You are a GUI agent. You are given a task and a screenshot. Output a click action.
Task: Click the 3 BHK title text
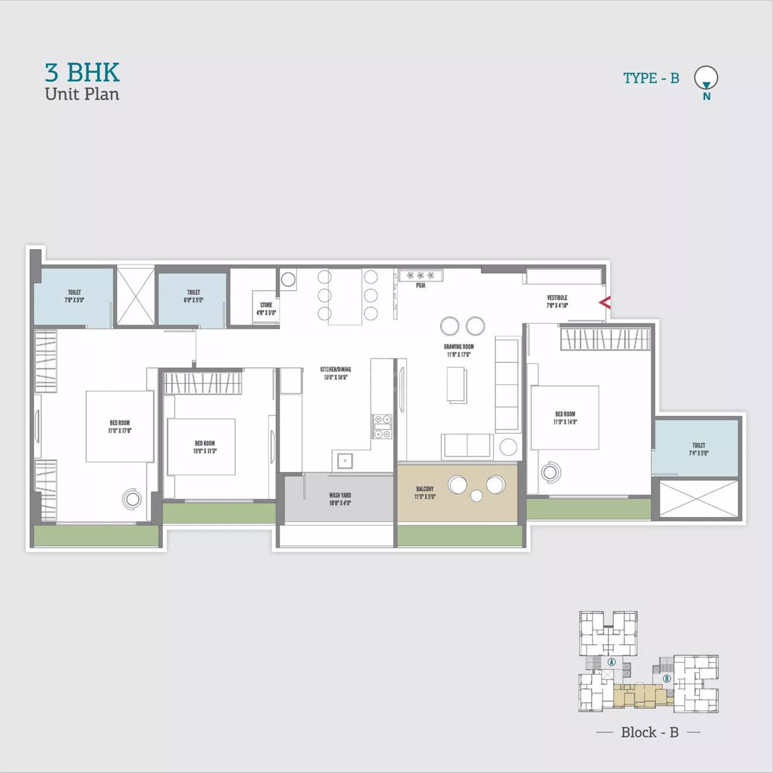click(82, 73)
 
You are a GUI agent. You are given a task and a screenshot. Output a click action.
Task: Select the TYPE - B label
click(651, 78)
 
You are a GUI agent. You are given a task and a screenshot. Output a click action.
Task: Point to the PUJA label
click(420, 286)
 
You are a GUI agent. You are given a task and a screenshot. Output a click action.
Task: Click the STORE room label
click(266, 305)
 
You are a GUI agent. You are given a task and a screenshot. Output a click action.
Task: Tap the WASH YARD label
click(340, 495)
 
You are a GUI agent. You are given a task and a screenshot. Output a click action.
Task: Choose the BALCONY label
click(425, 489)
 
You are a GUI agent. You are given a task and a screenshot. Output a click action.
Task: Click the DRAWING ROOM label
click(458, 347)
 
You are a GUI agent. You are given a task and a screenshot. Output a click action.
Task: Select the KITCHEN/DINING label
click(335, 369)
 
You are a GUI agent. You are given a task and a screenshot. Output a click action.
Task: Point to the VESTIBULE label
click(557, 298)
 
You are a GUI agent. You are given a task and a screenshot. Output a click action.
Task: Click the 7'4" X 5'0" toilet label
click(698, 449)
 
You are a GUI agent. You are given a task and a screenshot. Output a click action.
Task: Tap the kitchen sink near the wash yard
click(344, 460)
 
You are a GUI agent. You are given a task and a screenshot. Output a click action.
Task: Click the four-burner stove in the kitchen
click(383, 426)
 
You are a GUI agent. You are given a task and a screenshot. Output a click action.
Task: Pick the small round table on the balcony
click(476, 496)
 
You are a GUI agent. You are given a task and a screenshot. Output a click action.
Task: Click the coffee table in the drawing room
click(457, 384)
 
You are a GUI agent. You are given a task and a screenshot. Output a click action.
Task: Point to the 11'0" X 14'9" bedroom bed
click(565, 417)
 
